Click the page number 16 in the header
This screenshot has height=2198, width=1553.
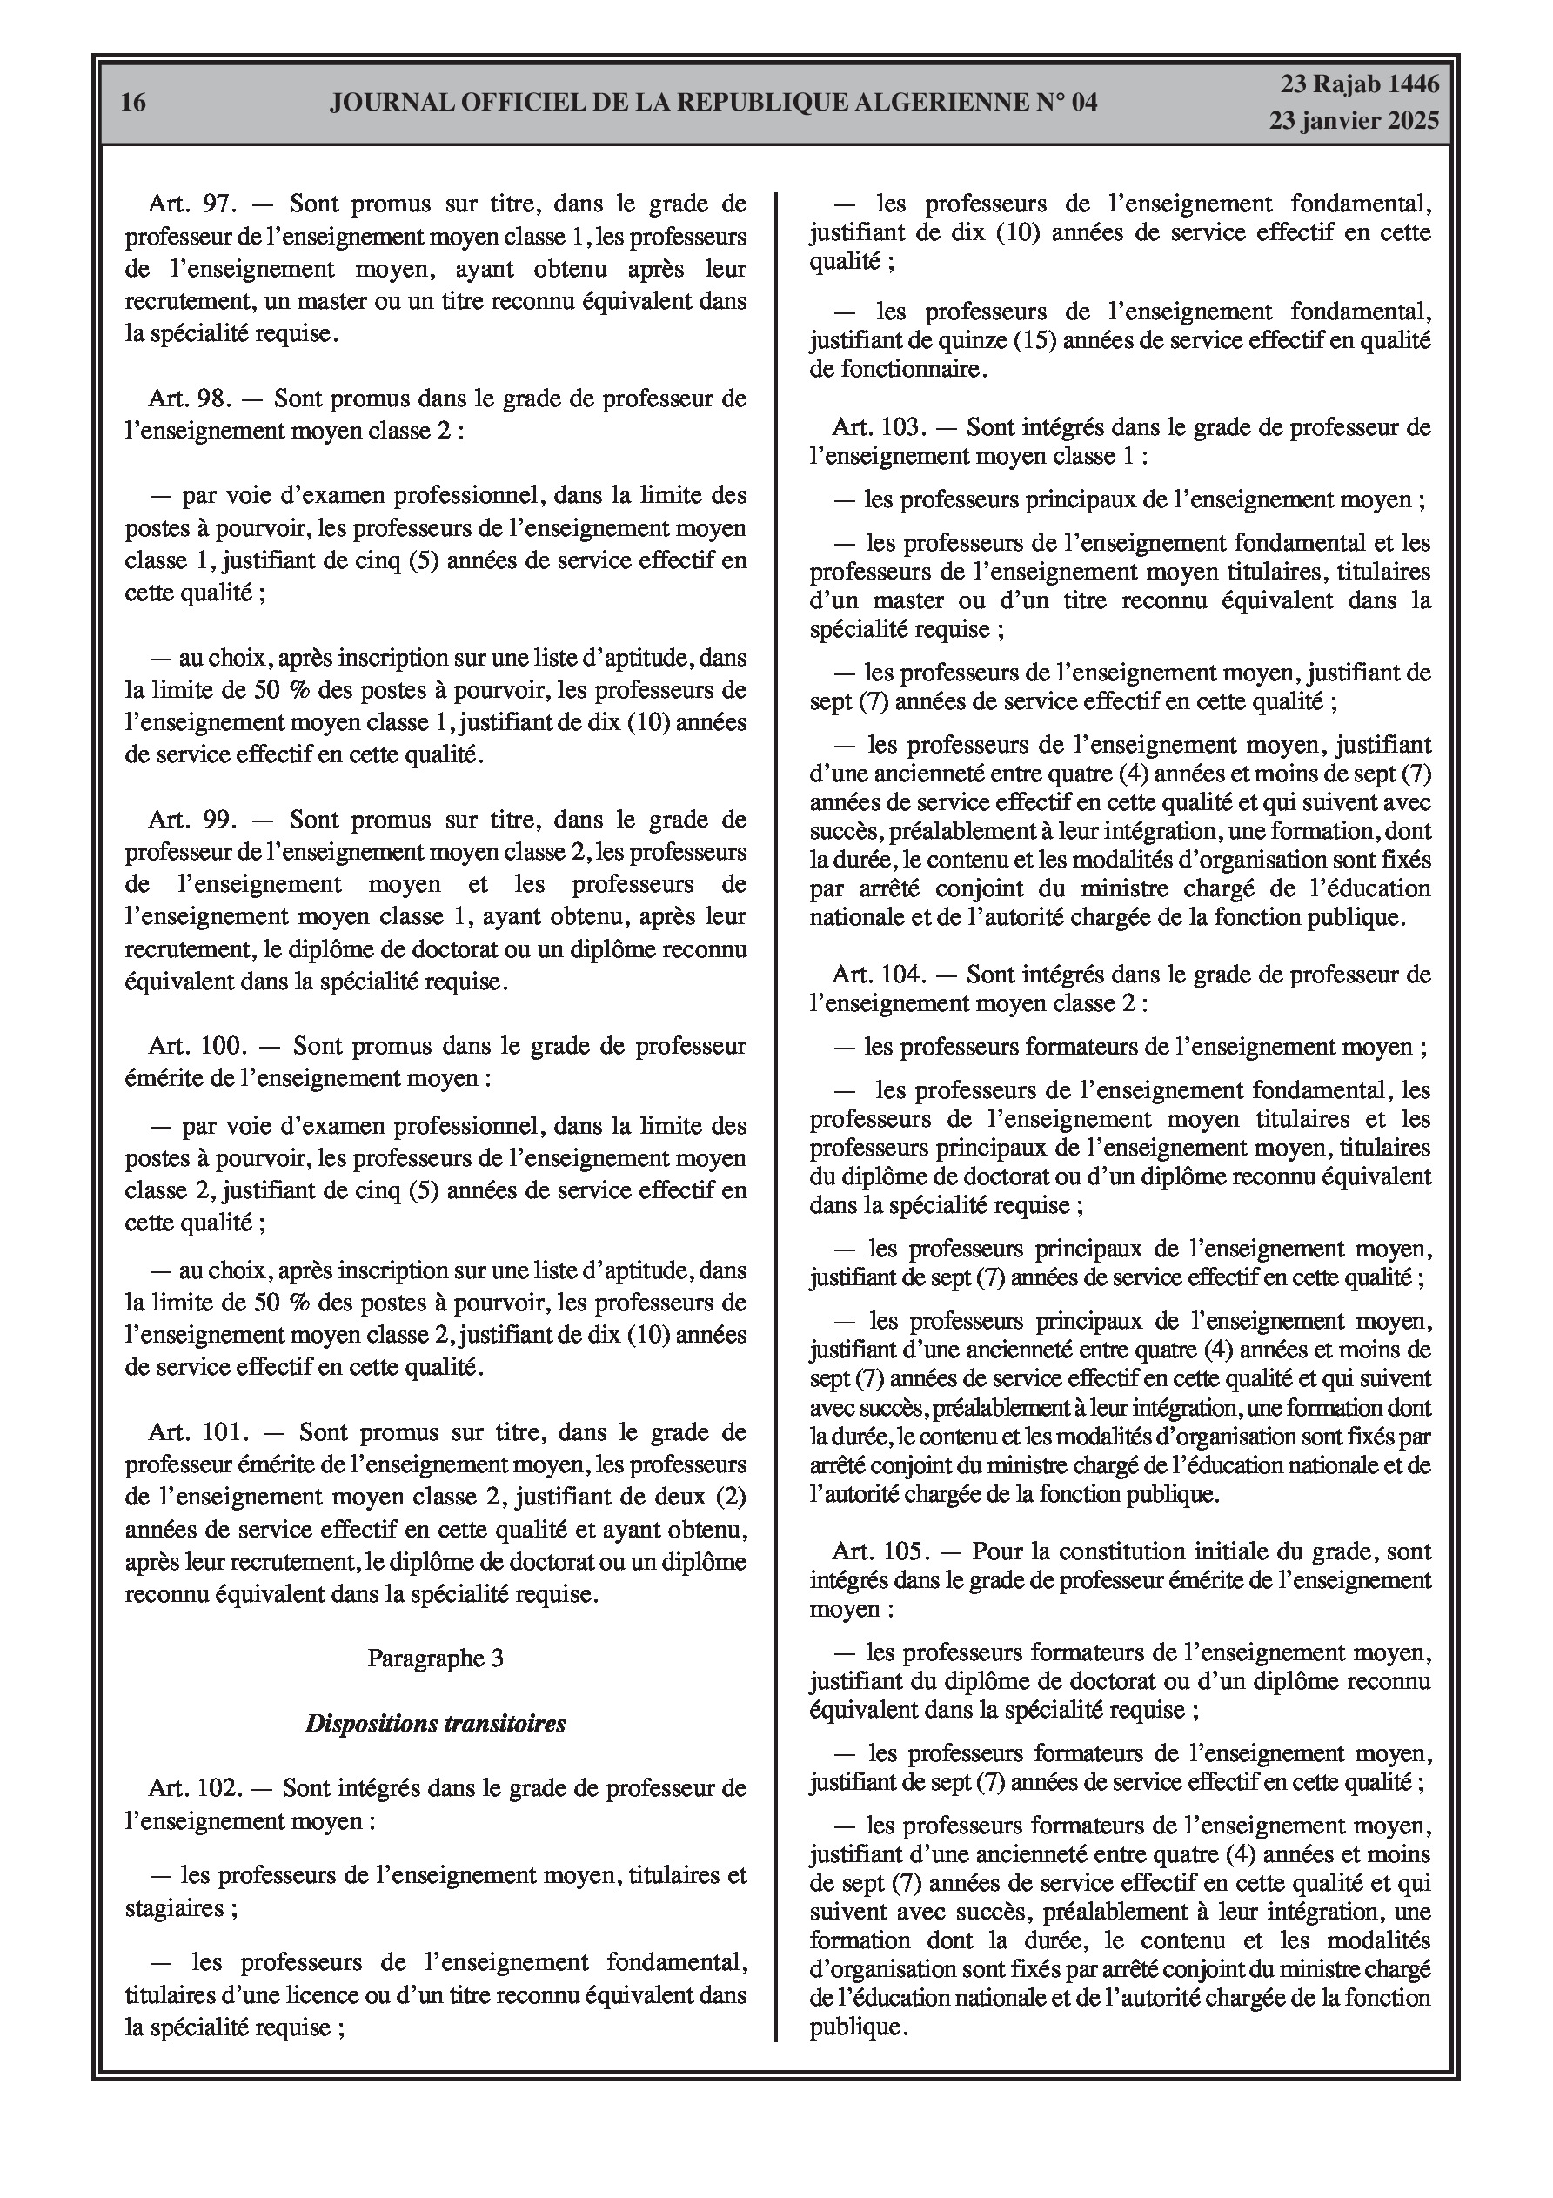tap(134, 103)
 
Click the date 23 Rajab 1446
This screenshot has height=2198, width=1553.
tap(1359, 84)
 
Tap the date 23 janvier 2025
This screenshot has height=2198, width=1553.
tap(1354, 121)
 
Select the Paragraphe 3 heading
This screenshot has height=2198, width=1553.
tap(436, 1659)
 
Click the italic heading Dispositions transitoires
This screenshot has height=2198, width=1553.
tap(436, 1724)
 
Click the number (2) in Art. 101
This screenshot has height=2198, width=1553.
tap(726, 1498)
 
